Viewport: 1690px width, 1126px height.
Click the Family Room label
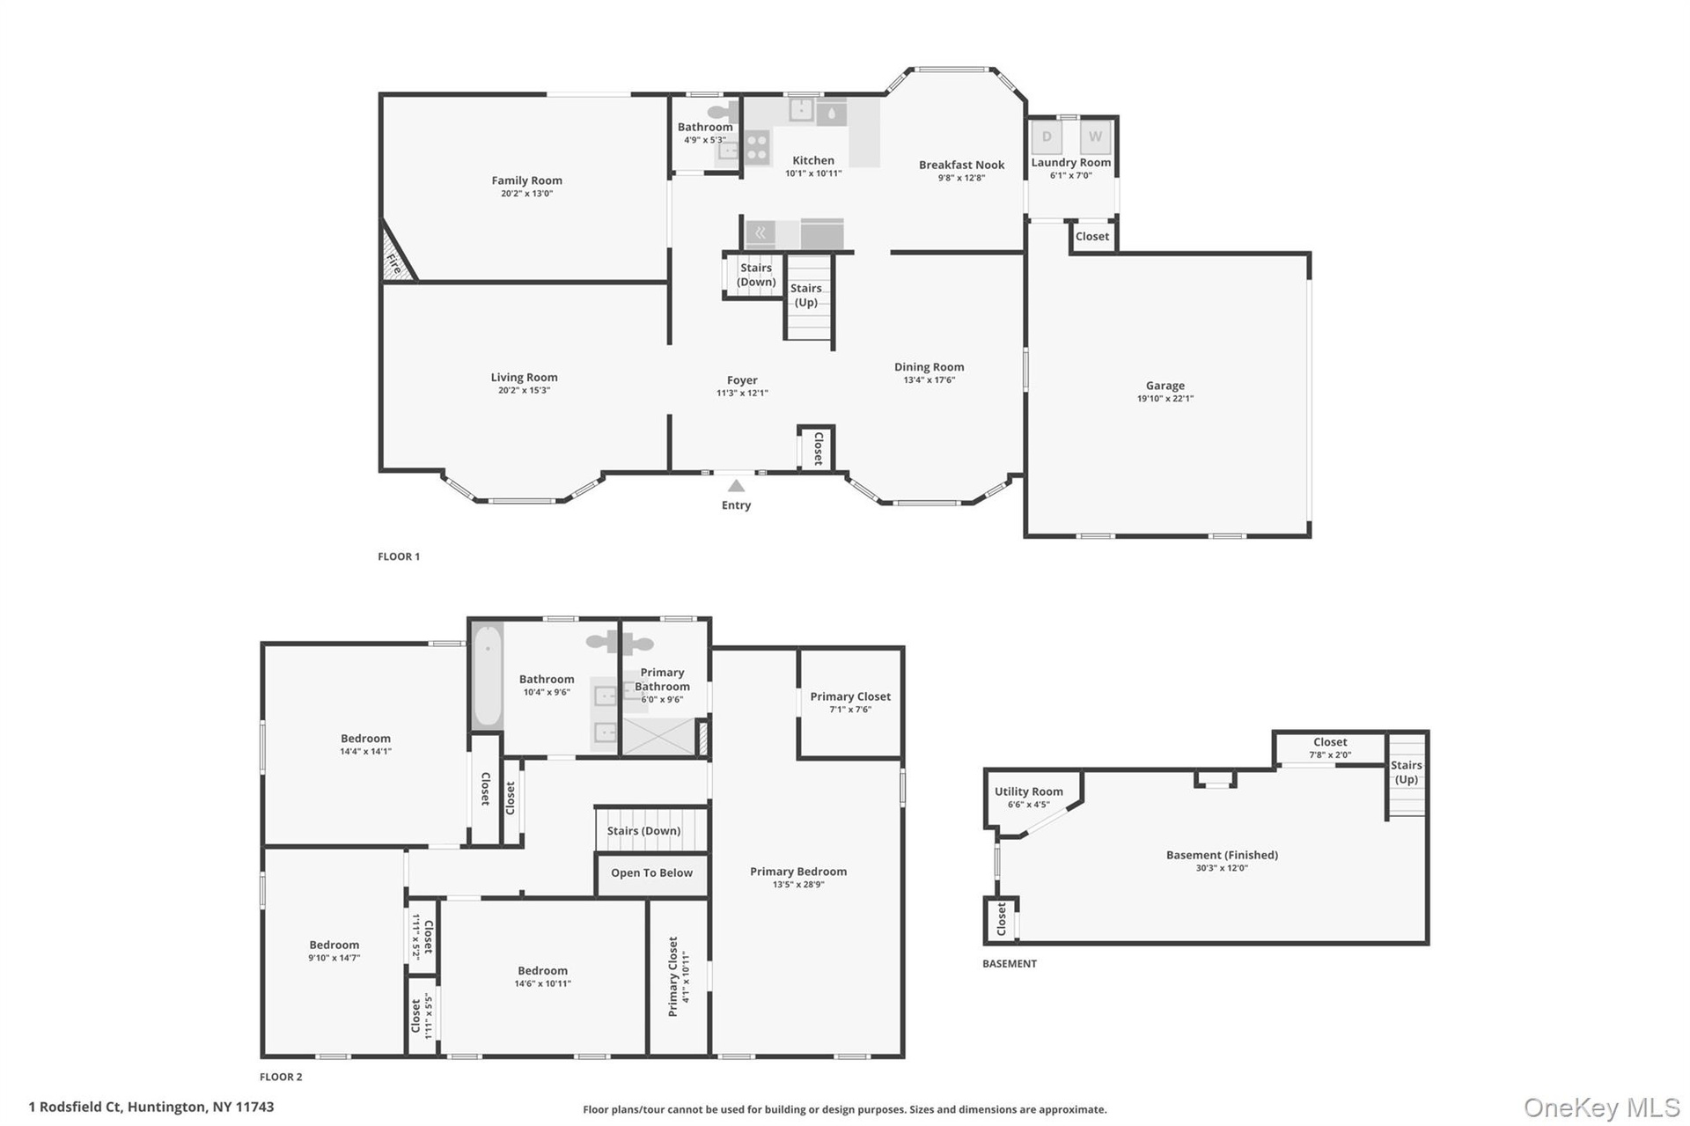[x=526, y=180]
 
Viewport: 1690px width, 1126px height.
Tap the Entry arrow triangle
[x=737, y=486]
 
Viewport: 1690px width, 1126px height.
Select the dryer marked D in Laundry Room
[x=1047, y=136]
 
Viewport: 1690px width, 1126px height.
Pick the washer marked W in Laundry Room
[x=1095, y=136]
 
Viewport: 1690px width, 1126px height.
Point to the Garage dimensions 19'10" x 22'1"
[x=1165, y=399]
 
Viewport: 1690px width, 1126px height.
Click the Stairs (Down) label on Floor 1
[x=756, y=275]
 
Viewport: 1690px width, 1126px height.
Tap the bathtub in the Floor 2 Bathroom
[x=488, y=675]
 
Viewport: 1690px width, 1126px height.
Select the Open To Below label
[x=651, y=873]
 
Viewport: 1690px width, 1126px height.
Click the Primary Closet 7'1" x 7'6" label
[x=850, y=702]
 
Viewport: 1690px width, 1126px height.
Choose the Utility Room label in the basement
[x=1028, y=791]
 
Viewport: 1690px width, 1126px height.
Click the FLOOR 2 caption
[x=281, y=1077]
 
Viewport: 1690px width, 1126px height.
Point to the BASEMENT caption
[x=1010, y=964]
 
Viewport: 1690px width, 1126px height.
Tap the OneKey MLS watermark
[x=1602, y=1108]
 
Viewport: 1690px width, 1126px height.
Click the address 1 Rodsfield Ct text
[x=76, y=1107]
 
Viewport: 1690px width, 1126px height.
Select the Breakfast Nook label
[x=961, y=165]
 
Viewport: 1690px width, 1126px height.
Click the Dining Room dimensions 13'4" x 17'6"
[x=929, y=380]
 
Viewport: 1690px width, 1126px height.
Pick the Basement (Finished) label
[x=1222, y=855]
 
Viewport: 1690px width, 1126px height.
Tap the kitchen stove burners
[x=757, y=147]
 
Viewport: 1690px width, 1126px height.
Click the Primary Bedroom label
[x=798, y=872]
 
